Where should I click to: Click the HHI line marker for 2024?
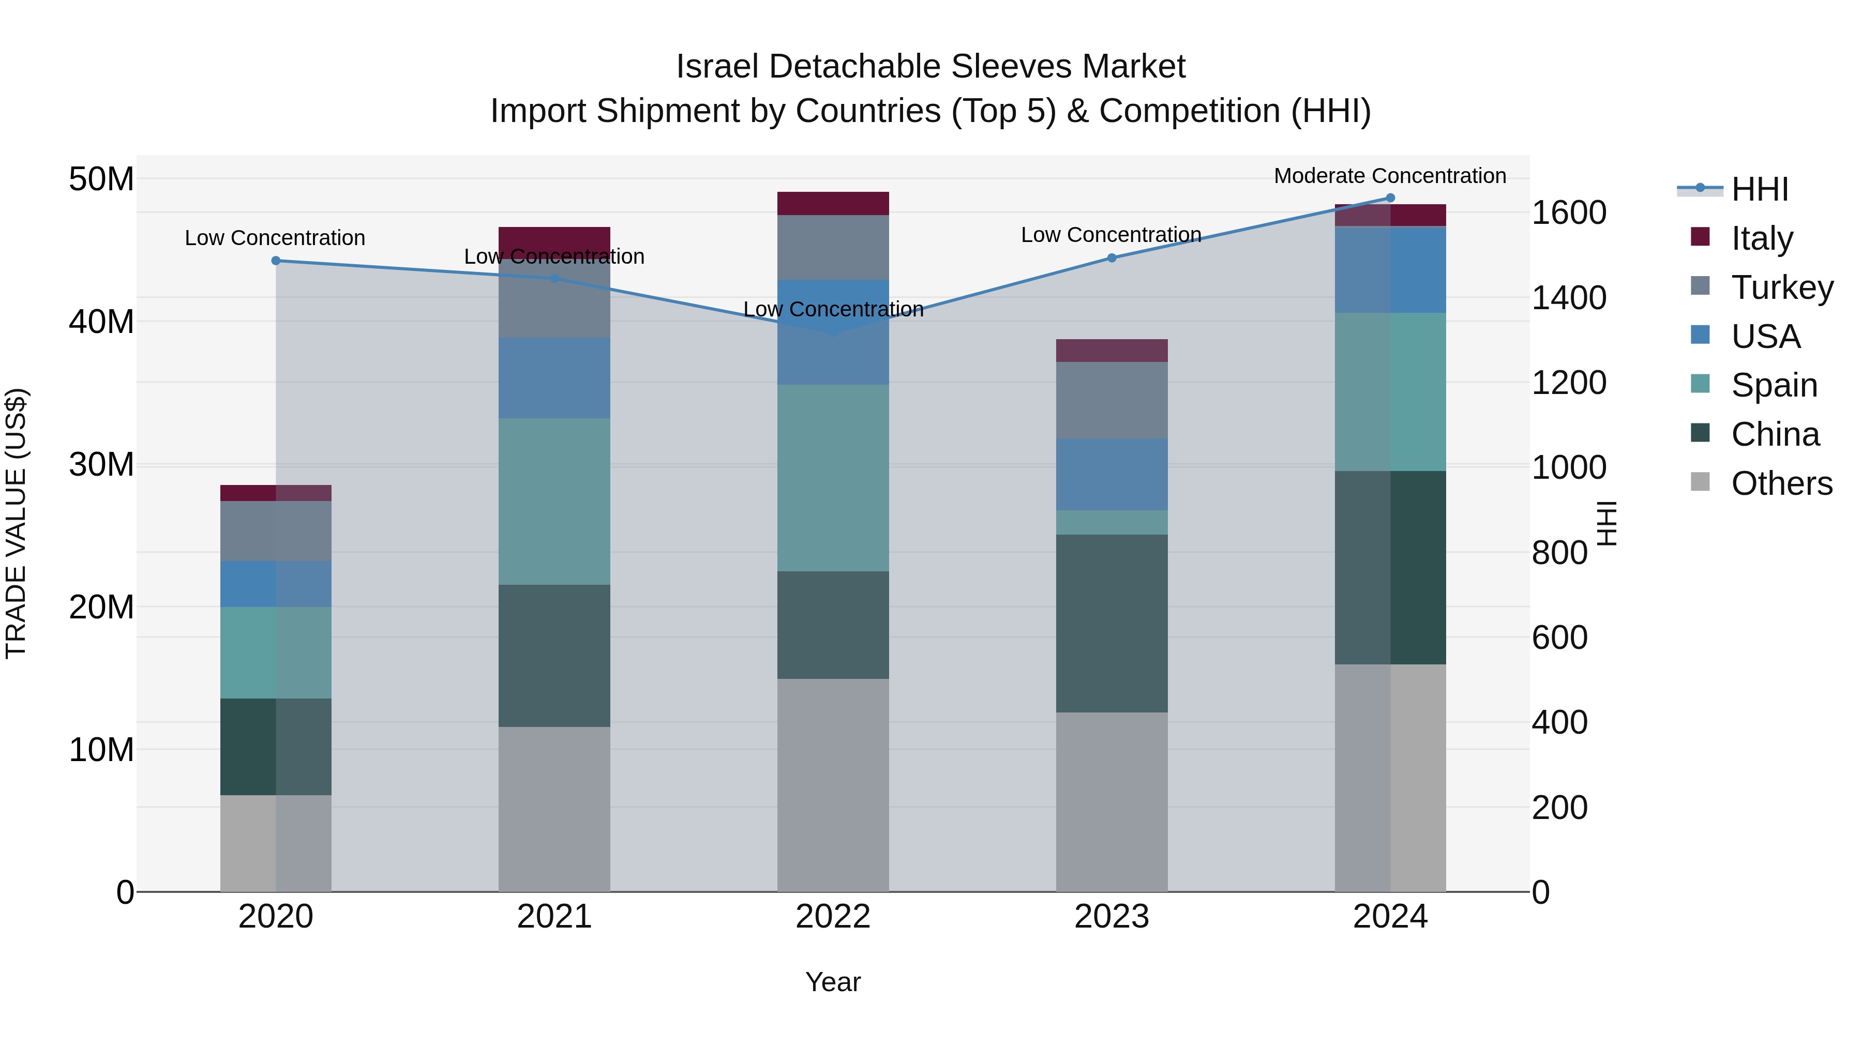[1389, 198]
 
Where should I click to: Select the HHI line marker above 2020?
[275, 261]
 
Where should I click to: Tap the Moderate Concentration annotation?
[1389, 176]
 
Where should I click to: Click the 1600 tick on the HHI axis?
[1569, 213]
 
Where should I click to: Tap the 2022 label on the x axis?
[833, 917]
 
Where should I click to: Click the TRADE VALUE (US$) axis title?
[16, 523]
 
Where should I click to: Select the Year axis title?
[833, 982]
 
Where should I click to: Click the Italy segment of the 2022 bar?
[833, 204]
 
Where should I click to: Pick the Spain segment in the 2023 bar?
[1111, 522]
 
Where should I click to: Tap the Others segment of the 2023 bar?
[1111, 802]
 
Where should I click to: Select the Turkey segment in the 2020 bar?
[275, 531]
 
